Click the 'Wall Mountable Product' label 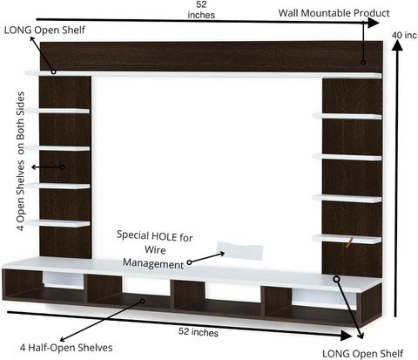(x=334, y=13)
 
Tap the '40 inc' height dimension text (x=404, y=35)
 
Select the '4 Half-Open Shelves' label (x=66, y=348)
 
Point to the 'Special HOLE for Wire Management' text (x=155, y=250)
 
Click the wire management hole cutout (x=240, y=250)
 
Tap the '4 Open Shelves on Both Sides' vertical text (x=21, y=161)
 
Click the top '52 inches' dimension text (x=201, y=10)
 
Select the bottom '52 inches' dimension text (x=199, y=332)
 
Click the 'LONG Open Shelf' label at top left (x=44, y=30)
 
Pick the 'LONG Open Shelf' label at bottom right (x=363, y=354)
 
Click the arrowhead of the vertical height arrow (x=397, y=45)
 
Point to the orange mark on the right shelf (x=349, y=242)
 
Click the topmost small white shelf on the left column (x=57, y=111)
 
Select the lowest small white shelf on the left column (x=57, y=223)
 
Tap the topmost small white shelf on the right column (x=347, y=116)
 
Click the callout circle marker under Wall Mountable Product (x=363, y=62)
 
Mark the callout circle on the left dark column (x=63, y=167)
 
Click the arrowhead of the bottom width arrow (x=346, y=336)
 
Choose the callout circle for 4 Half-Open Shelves (x=142, y=301)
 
